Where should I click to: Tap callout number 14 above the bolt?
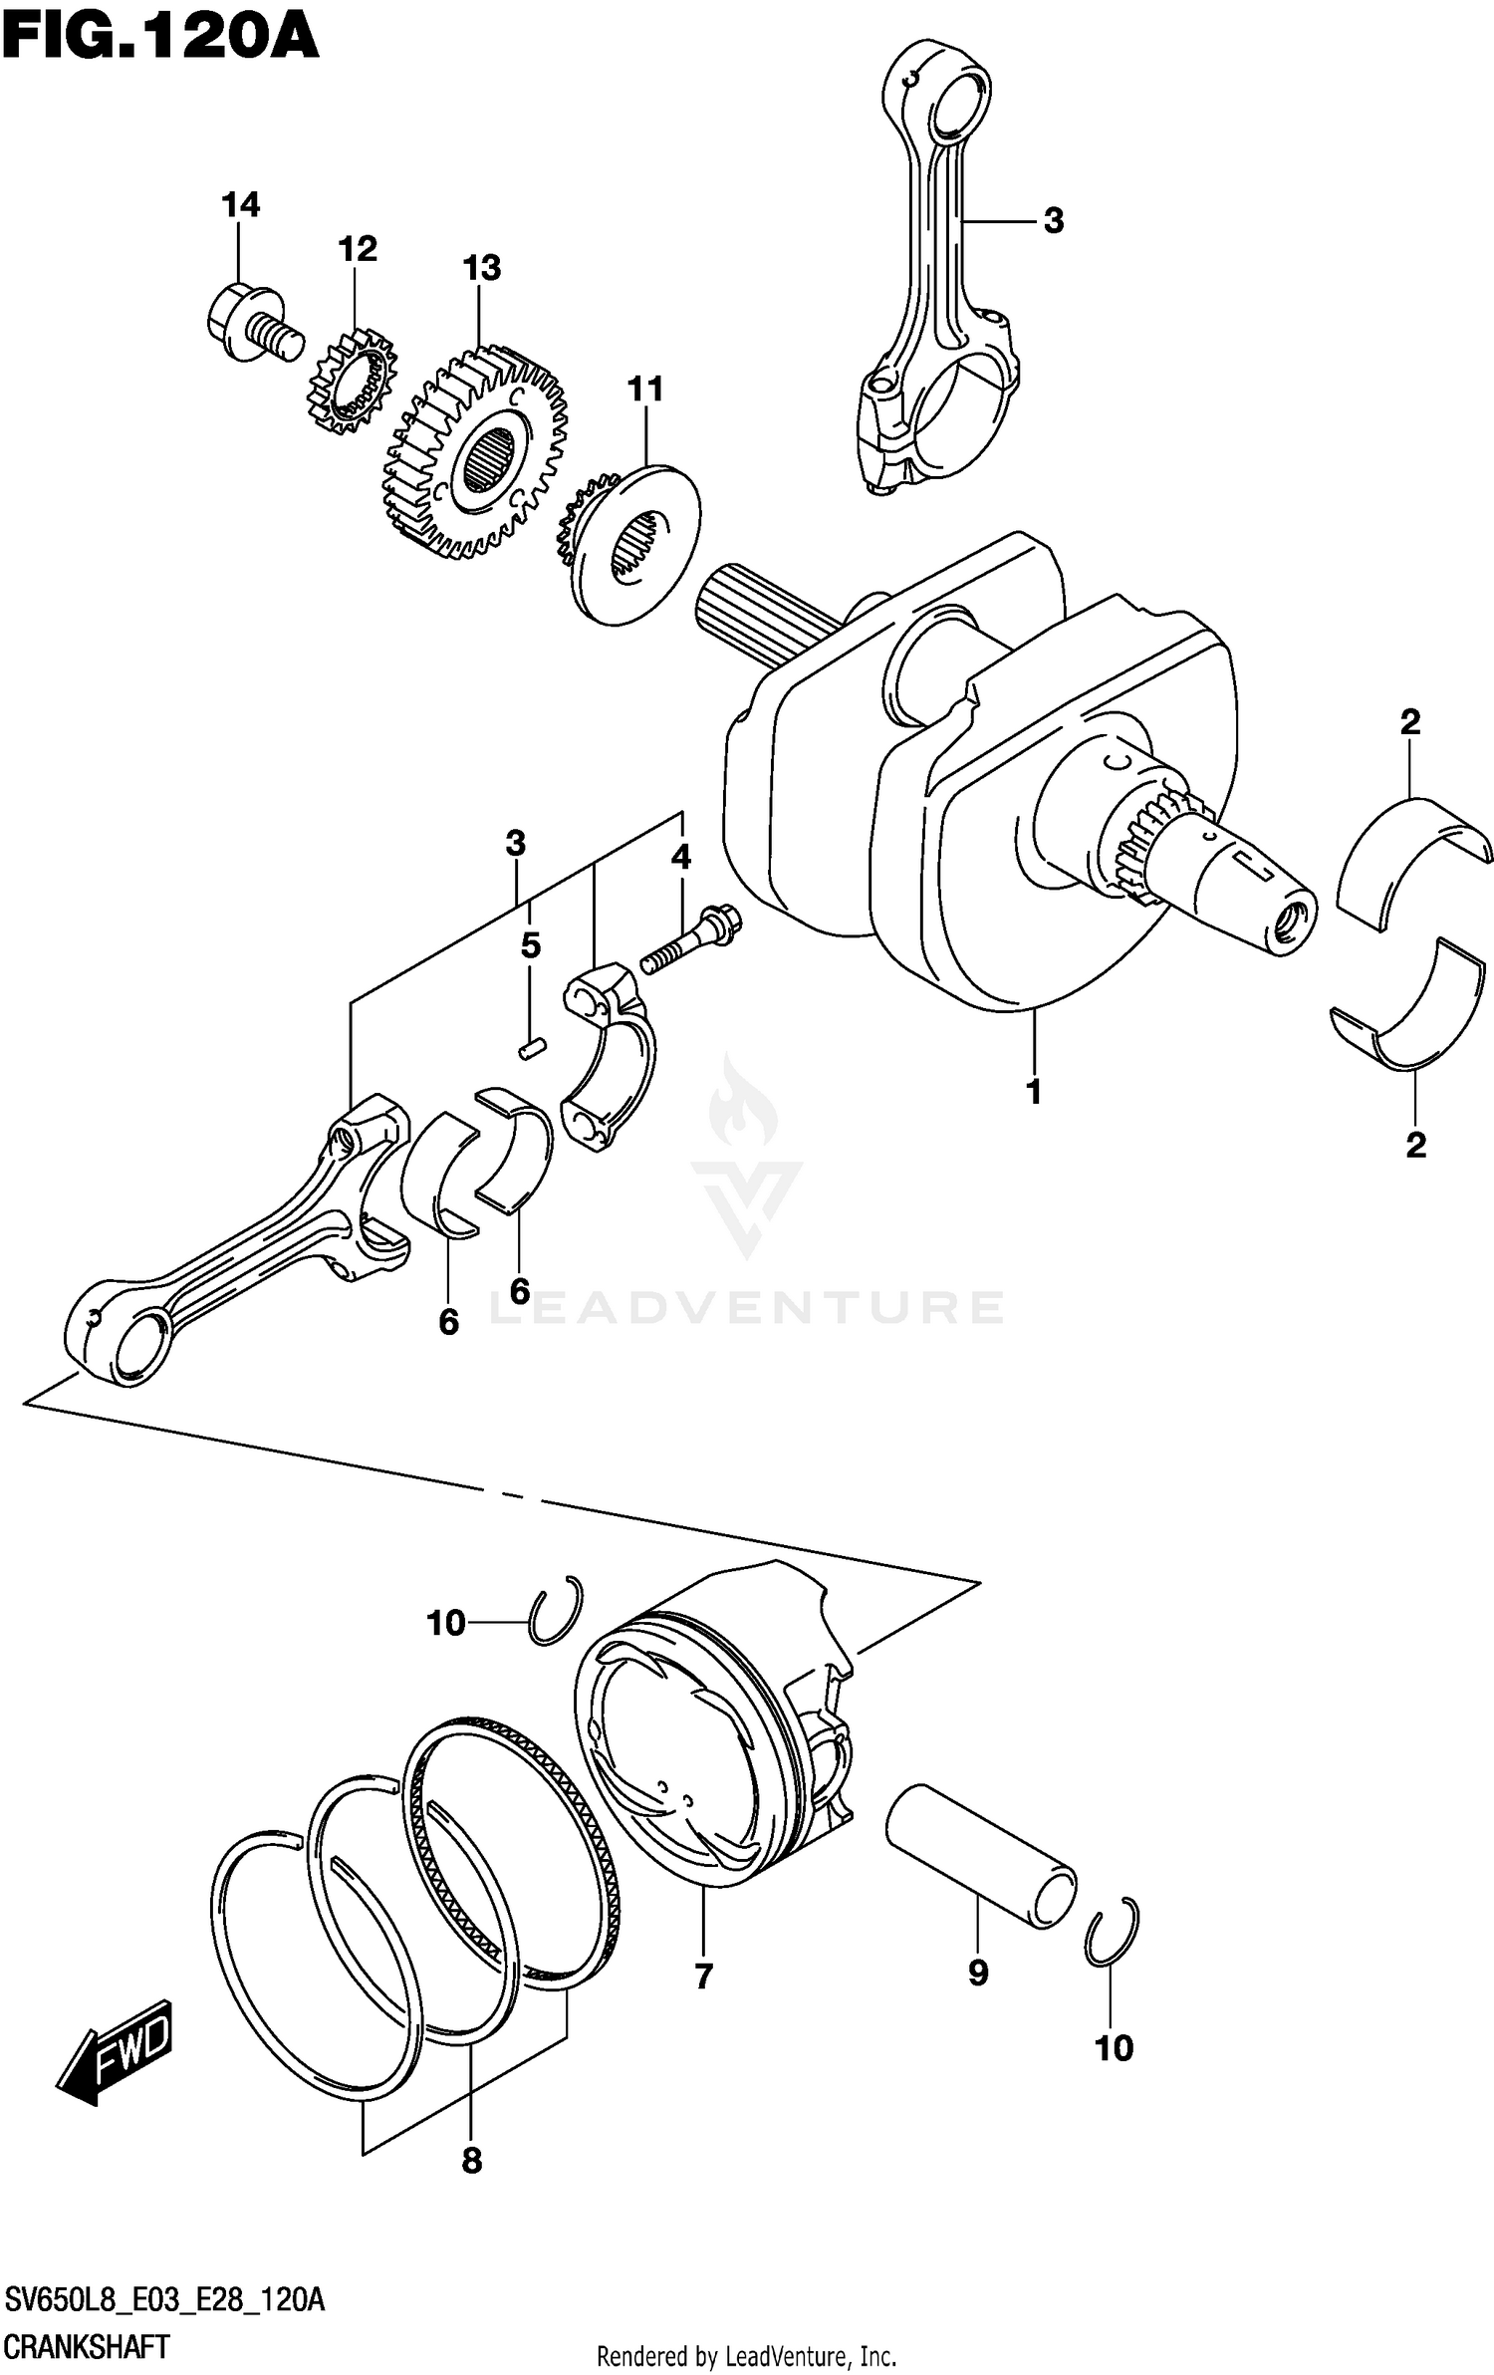[240, 204]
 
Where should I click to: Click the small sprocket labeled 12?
[351, 383]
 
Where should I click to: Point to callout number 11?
[644, 389]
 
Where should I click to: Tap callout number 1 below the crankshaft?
[1034, 1092]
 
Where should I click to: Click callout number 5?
[530, 944]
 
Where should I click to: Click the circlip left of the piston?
[555, 1611]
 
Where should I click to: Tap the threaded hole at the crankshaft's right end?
[1294, 924]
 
